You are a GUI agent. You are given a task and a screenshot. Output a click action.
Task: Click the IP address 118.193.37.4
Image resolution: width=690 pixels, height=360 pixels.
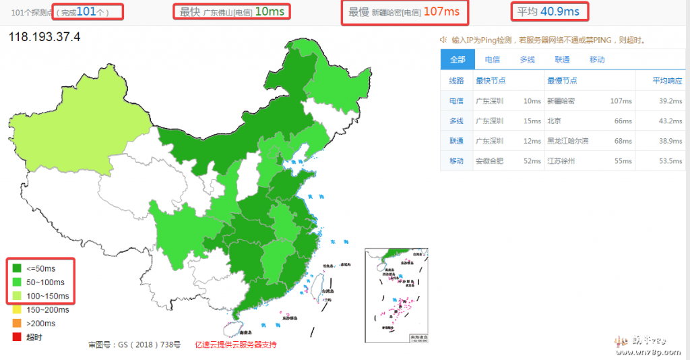point(44,37)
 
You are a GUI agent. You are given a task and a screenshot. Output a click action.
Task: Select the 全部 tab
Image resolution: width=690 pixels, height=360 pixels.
point(458,59)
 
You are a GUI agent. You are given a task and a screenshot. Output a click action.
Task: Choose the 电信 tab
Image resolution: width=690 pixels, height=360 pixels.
point(492,59)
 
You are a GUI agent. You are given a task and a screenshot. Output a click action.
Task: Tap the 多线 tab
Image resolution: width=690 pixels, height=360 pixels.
point(527,59)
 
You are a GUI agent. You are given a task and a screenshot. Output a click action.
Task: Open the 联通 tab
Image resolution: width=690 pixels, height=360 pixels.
point(562,59)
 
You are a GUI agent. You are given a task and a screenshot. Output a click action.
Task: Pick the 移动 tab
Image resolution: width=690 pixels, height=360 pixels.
point(597,59)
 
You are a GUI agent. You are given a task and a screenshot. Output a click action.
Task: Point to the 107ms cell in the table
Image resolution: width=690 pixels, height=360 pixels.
point(621,101)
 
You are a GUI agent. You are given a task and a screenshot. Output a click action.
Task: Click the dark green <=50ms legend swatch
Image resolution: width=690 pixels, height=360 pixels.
point(17,269)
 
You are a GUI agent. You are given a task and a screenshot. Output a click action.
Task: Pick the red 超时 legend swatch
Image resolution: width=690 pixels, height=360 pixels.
point(17,336)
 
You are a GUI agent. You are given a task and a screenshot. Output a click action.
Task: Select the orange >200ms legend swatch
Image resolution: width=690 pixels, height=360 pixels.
point(17,323)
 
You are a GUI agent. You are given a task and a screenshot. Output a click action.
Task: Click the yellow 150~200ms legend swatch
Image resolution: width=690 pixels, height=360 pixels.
point(17,309)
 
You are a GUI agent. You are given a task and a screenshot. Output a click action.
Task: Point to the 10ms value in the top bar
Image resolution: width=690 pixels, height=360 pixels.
point(270,11)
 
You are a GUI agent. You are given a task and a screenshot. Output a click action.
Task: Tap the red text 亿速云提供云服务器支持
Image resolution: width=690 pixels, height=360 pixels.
point(236,344)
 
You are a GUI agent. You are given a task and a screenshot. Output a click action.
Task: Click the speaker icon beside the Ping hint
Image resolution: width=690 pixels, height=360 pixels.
point(443,40)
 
